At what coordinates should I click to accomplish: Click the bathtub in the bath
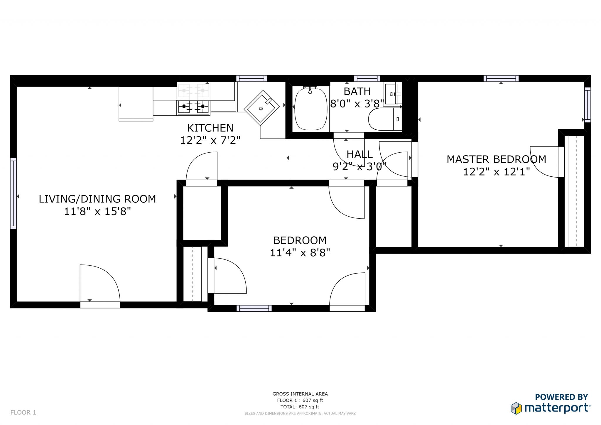310,109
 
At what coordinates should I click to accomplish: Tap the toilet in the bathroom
384,119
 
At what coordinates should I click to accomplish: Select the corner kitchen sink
261,108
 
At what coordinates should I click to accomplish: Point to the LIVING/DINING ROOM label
97,199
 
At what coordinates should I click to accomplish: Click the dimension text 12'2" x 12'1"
496,172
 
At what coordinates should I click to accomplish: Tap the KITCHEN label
210,128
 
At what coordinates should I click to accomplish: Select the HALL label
359,154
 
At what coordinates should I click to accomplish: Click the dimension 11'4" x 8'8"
300,253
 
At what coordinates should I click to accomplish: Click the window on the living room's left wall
13,193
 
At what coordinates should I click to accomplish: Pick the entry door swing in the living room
100,283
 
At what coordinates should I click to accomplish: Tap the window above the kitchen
251,78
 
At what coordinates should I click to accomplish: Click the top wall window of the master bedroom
501,78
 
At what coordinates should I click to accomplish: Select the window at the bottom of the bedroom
254,308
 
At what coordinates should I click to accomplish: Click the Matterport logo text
556,408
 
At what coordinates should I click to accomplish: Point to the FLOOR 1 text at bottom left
23,412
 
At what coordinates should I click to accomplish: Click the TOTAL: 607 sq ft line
300,407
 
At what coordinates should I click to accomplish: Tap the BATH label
357,92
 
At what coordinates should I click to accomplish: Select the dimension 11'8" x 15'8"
97,211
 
